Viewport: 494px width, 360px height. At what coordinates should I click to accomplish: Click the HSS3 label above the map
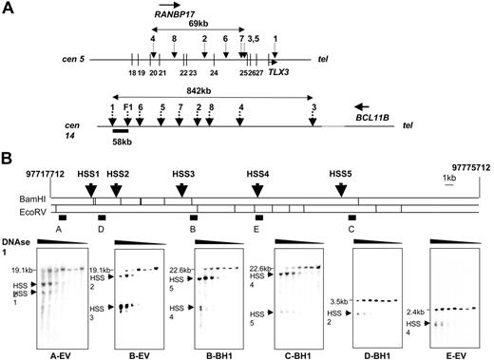(x=182, y=173)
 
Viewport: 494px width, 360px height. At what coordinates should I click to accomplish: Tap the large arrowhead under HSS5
(x=341, y=190)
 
